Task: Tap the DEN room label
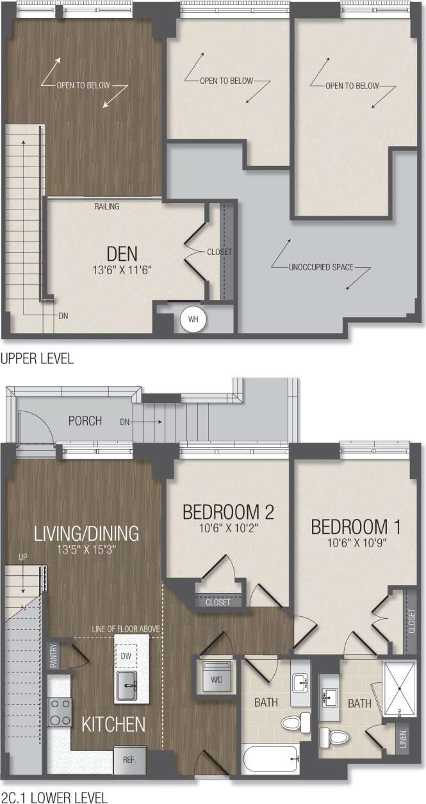122,254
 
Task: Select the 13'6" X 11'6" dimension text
122,270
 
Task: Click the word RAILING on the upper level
107,207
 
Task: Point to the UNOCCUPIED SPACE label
321,267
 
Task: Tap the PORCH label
85,421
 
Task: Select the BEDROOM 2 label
228,513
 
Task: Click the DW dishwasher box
126,655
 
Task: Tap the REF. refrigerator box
130,759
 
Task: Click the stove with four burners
61,712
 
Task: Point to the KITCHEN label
113,725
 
